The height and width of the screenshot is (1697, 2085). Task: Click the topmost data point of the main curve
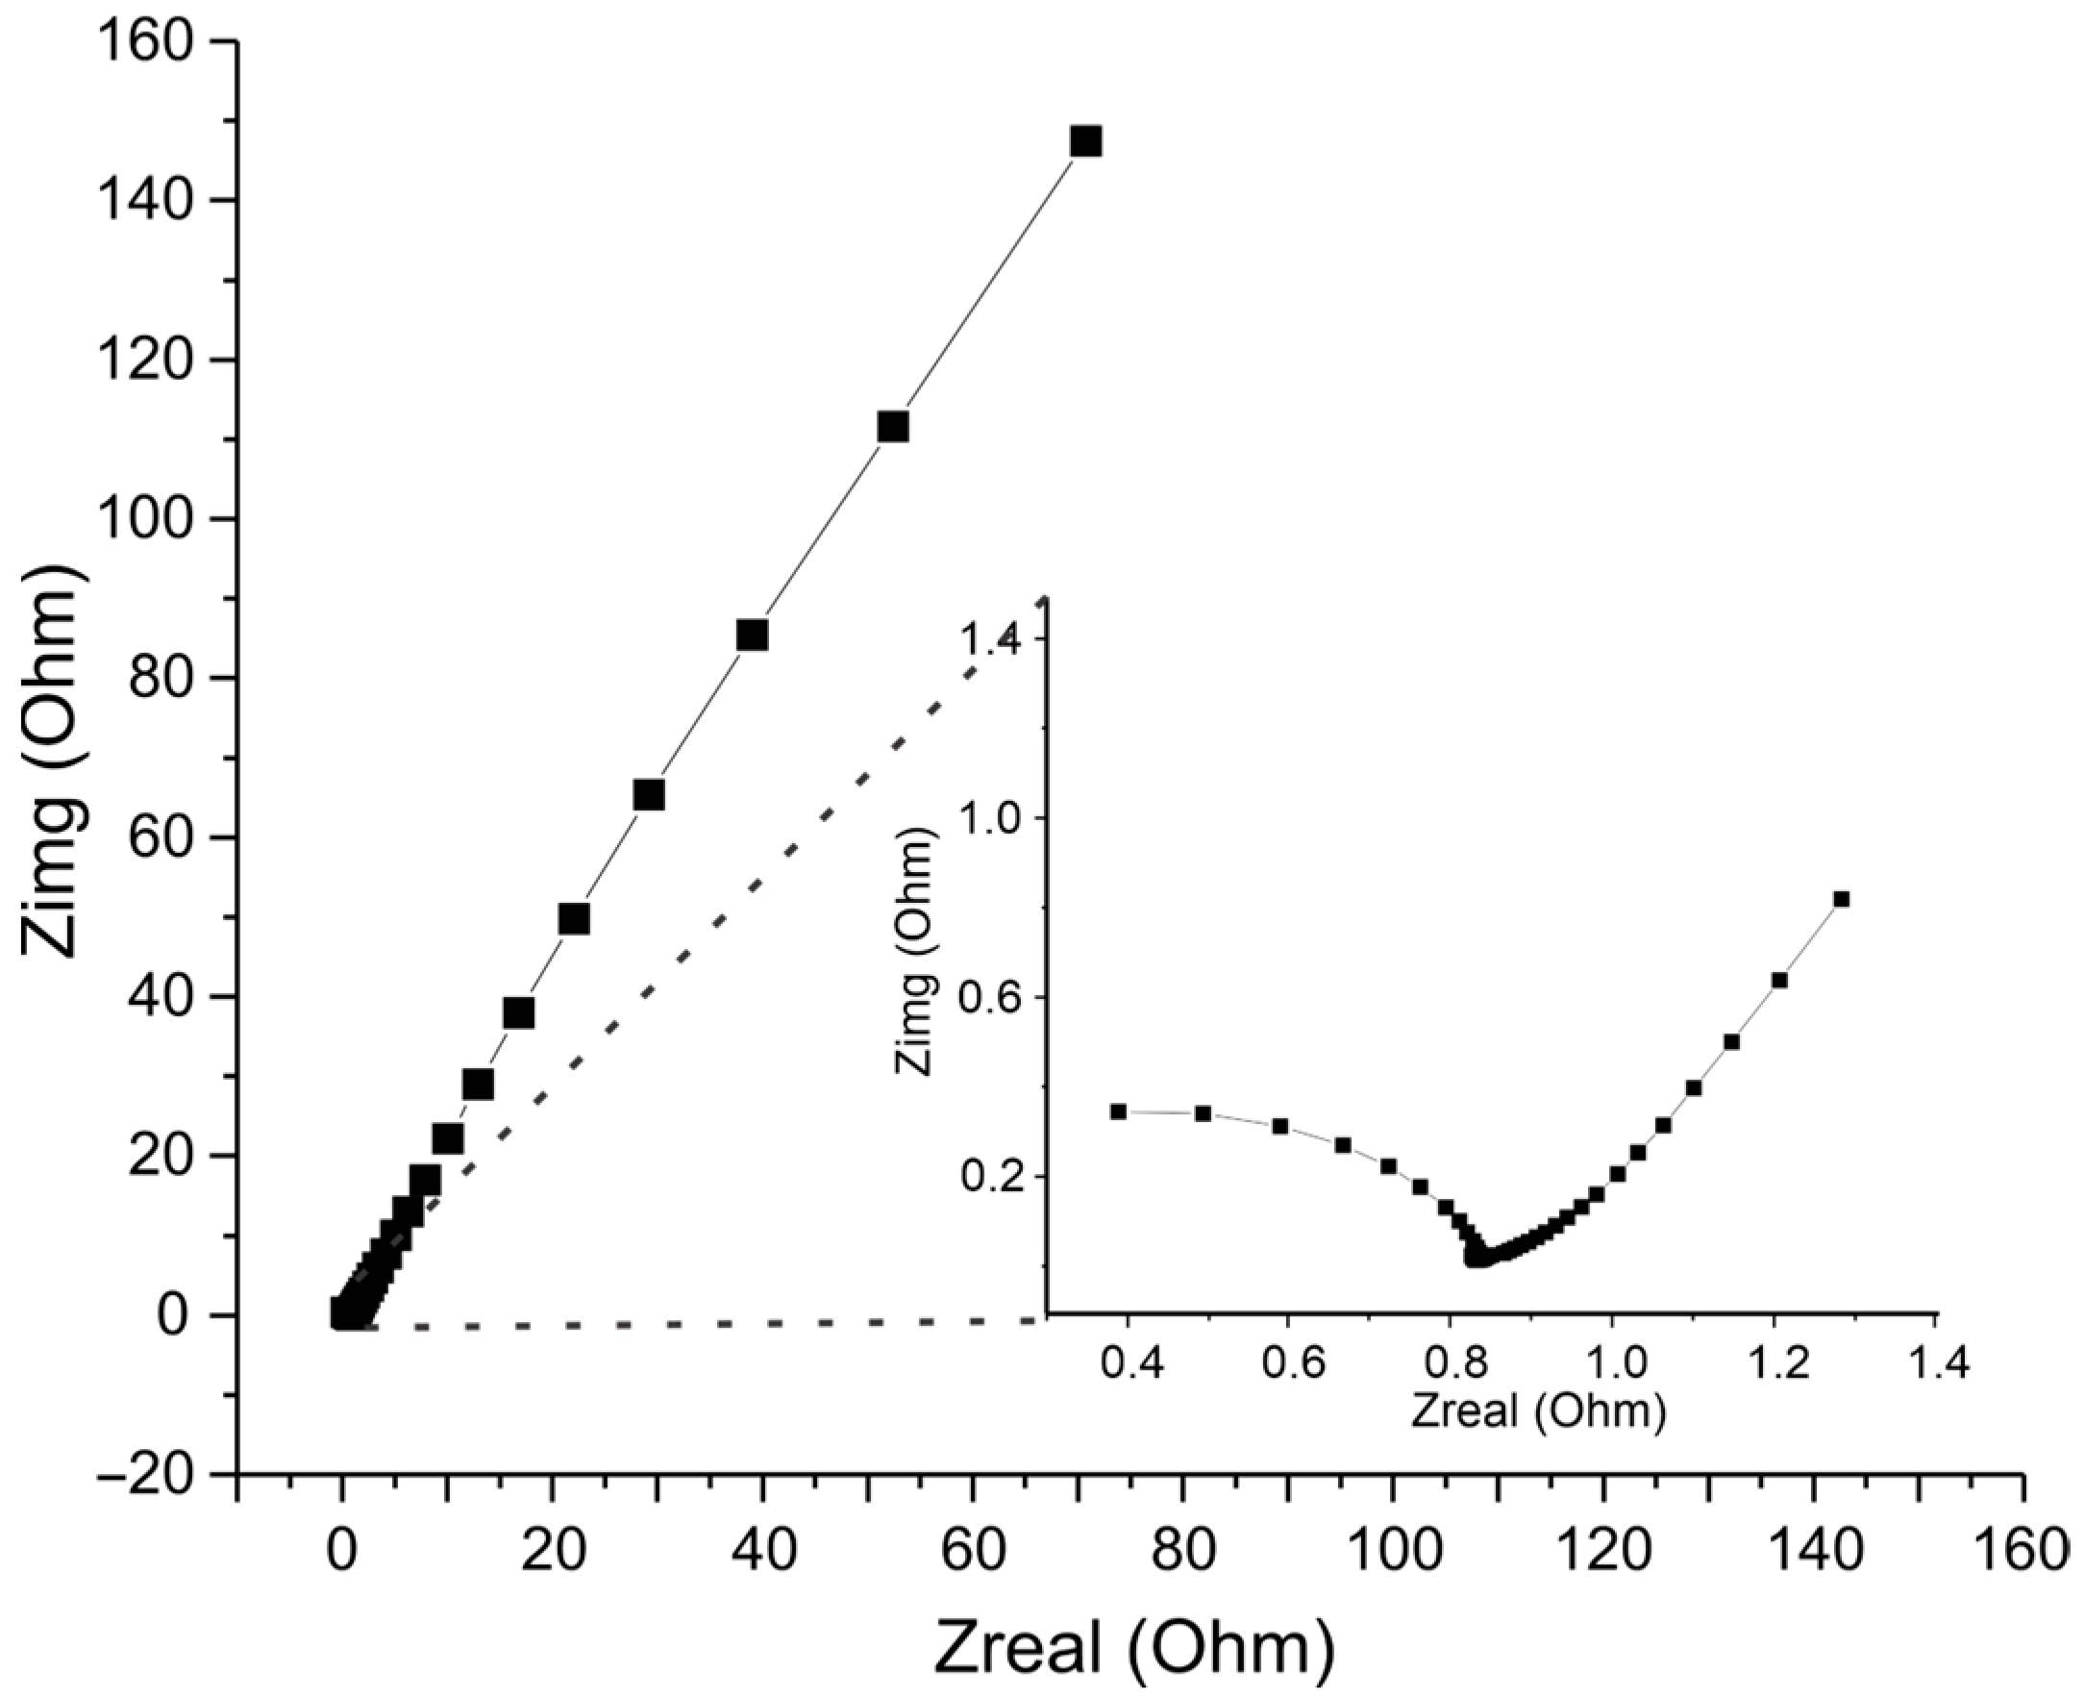click(x=1085, y=141)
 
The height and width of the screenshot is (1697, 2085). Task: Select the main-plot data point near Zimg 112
click(x=892, y=427)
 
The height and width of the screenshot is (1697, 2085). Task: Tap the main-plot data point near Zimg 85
click(x=752, y=636)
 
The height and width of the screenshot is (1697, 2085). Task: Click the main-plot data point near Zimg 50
click(x=574, y=920)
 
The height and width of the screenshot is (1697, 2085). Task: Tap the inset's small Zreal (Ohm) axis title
click(x=1538, y=1411)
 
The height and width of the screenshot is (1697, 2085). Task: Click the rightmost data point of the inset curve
click(x=1841, y=899)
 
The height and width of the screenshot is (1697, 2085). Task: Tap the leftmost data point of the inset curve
click(x=1118, y=1111)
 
